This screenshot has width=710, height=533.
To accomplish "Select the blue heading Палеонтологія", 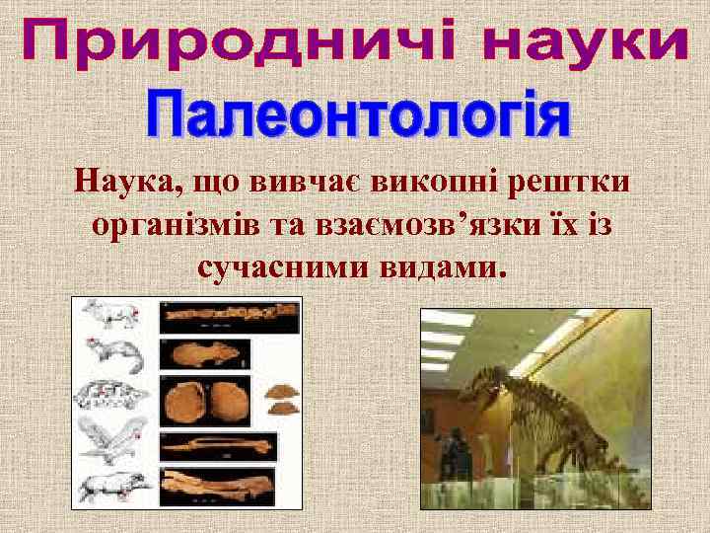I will pos(358,117).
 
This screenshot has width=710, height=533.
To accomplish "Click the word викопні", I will pos(435,184).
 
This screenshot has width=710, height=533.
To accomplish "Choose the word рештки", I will pos(576,184).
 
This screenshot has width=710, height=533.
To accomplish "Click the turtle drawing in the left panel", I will pos(110,395).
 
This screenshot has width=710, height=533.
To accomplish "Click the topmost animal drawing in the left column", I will pos(110,314).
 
